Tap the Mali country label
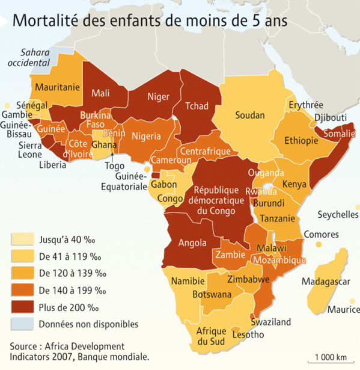pyautogui.click(x=100, y=93)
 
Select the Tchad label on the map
pyautogui.click(x=197, y=106)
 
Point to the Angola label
pyautogui.click(x=187, y=244)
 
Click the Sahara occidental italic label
pyautogui.click(x=35, y=57)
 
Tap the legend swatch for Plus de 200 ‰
pyautogui.click(x=22, y=307)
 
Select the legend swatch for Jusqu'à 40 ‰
pyautogui.click(x=22, y=239)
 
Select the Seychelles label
pyautogui.click(x=337, y=215)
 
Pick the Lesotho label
pyautogui.click(x=248, y=335)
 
